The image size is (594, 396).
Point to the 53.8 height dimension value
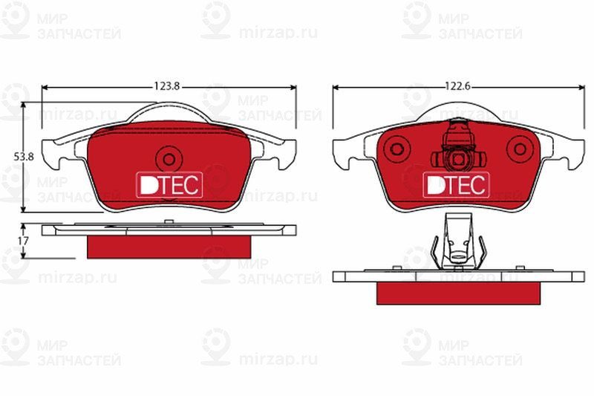[23, 157]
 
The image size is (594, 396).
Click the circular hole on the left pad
[169, 158]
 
